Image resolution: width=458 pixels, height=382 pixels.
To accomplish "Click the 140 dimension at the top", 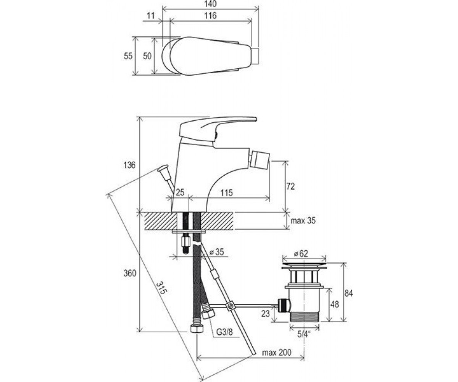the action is pyautogui.click(x=211, y=4).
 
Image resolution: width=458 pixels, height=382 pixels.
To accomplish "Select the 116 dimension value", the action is pyautogui.click(x=210, y=16).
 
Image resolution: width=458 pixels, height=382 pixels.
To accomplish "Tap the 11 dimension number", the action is pyautogui.click(x=151, y=16).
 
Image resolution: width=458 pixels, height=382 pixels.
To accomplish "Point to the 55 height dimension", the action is pyautogui.click(x=128, y=56).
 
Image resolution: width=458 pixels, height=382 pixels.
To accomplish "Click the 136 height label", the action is pyautogui.click(x=129, y=165).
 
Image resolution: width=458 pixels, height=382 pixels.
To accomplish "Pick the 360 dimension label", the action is pyautogui.click(x=130, y=274).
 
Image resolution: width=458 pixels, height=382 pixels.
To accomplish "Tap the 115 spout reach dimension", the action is pyautogui.click(x=227, y=193).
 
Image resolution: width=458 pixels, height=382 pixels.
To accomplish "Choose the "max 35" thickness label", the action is pyautogui.click(x=303, y=220).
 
